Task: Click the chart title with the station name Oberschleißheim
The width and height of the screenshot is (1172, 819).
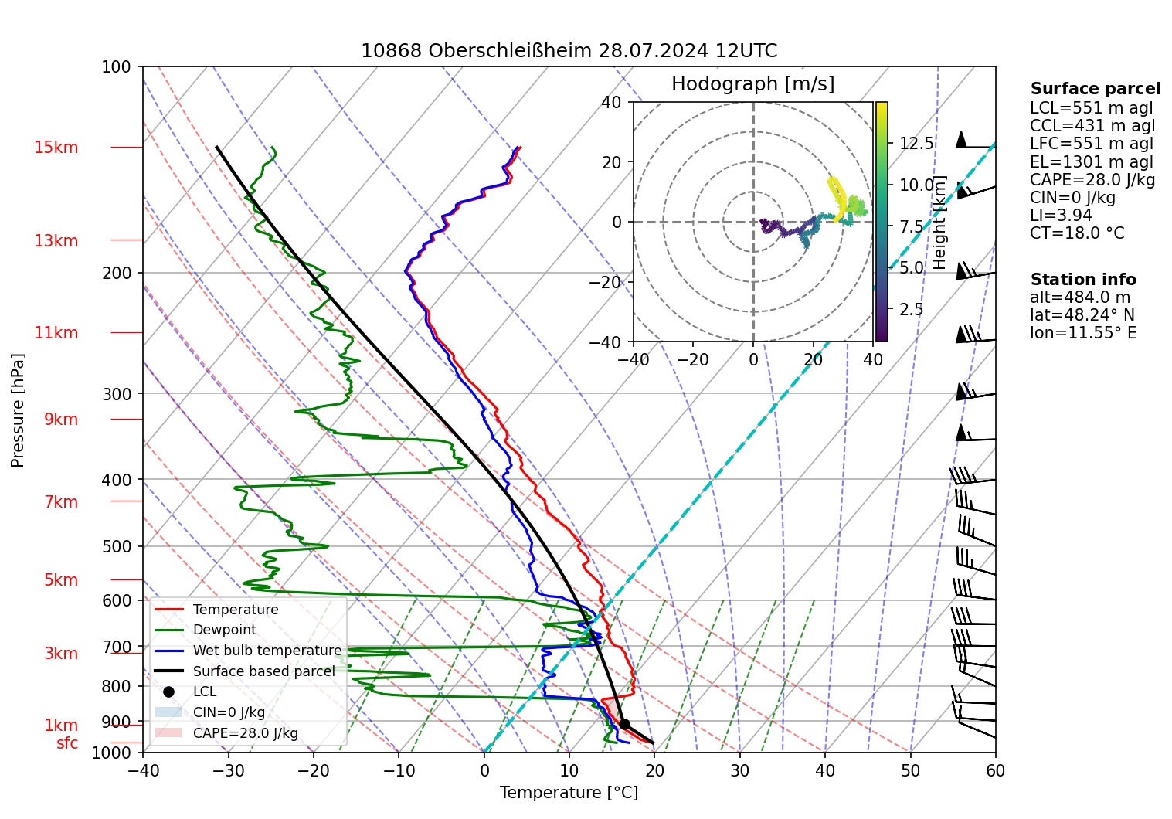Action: [x=569, y=51]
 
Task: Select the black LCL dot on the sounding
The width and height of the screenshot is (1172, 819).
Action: [x=624, y=724]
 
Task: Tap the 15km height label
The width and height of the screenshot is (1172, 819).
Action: [x=56, y=148]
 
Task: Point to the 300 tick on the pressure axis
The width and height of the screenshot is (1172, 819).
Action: [x=117, y=394]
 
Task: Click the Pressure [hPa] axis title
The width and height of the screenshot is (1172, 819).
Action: [x=18, y=410]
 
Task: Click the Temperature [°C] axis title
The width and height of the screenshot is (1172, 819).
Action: [x=569, y=793]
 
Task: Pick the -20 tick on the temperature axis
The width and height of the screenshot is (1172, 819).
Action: [x=314, y=770]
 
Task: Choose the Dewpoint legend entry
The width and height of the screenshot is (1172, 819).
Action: [x=224, y=630]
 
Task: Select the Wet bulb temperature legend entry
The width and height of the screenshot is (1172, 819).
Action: [x=267, y=651]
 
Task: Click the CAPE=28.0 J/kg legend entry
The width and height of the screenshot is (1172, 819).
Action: [x=245, y=733]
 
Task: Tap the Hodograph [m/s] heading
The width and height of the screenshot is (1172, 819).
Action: [x=752, y=84]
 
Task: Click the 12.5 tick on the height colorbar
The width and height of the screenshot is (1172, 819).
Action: [x=916, y=144]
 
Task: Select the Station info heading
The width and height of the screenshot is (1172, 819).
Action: [x=1082, y=280]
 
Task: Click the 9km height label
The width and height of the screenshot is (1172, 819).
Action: [x=61, y=420]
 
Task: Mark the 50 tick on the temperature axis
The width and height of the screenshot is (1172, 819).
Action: [x=910, y=770]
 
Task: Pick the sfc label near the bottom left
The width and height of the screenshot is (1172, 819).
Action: [x=67, y=743]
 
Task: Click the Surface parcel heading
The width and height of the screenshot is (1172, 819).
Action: [x=1095, y=89]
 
